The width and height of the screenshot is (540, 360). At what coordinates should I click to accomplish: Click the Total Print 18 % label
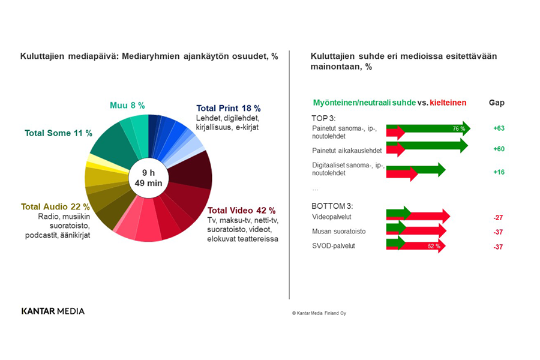pos(228,109)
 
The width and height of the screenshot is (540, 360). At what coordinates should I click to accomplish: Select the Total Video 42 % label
pos(241,211)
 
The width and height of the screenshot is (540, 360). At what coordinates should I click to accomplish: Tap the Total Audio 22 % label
pos(55,206)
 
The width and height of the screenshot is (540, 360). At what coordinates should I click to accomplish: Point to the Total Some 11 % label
pos(58,133)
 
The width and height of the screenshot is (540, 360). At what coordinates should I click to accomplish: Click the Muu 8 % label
pos(127,106)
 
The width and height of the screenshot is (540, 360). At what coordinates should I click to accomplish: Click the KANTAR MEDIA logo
pos(53,311)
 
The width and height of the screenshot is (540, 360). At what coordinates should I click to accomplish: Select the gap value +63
pos(498,128)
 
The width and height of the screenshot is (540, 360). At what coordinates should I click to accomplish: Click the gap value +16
pos(498,172)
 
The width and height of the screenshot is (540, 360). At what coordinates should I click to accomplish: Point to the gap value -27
pos(497,217)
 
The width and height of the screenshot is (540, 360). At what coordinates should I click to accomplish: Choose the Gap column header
pos(497,103)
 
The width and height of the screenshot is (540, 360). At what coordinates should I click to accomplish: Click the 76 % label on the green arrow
pos(459,128)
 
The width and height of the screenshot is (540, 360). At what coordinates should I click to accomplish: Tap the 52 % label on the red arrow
pos(434,246)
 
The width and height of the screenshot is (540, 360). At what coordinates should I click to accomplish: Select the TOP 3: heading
pos(324,118)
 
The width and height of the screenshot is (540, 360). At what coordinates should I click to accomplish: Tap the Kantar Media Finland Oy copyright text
pos(323,313)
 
